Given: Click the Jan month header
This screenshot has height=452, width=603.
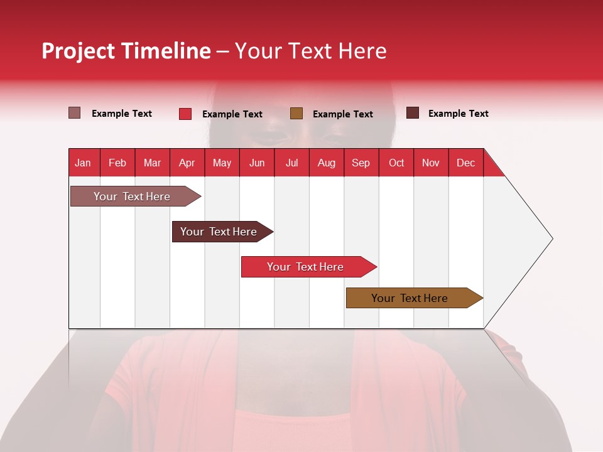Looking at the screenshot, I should (84, 163).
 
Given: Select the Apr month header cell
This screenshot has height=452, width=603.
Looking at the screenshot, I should (187, 163).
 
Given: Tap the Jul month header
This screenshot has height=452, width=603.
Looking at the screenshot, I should (291, 163).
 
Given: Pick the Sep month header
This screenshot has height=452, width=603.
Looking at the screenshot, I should (361, 163).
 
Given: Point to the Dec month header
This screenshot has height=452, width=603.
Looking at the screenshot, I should (465, 163).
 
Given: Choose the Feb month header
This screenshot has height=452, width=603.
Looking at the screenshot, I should (117, 163).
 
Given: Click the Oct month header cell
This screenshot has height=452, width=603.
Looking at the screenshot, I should (396, 163).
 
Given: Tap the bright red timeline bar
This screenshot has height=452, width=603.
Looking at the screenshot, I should (306, 267).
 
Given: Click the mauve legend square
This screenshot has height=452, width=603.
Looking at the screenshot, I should (74, 113).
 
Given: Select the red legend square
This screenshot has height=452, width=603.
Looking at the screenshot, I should (185, 114).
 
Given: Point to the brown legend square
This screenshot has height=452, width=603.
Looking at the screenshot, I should (296, 114).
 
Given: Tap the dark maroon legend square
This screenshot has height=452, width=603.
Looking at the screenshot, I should (413, 113).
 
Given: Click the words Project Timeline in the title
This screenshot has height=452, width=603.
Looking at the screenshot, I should (126, 51).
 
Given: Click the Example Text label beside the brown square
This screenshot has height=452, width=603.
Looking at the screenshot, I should (343, 114).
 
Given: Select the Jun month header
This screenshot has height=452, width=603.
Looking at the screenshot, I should (257, 163).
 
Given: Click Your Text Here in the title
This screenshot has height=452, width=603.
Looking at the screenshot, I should (310, 51).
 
